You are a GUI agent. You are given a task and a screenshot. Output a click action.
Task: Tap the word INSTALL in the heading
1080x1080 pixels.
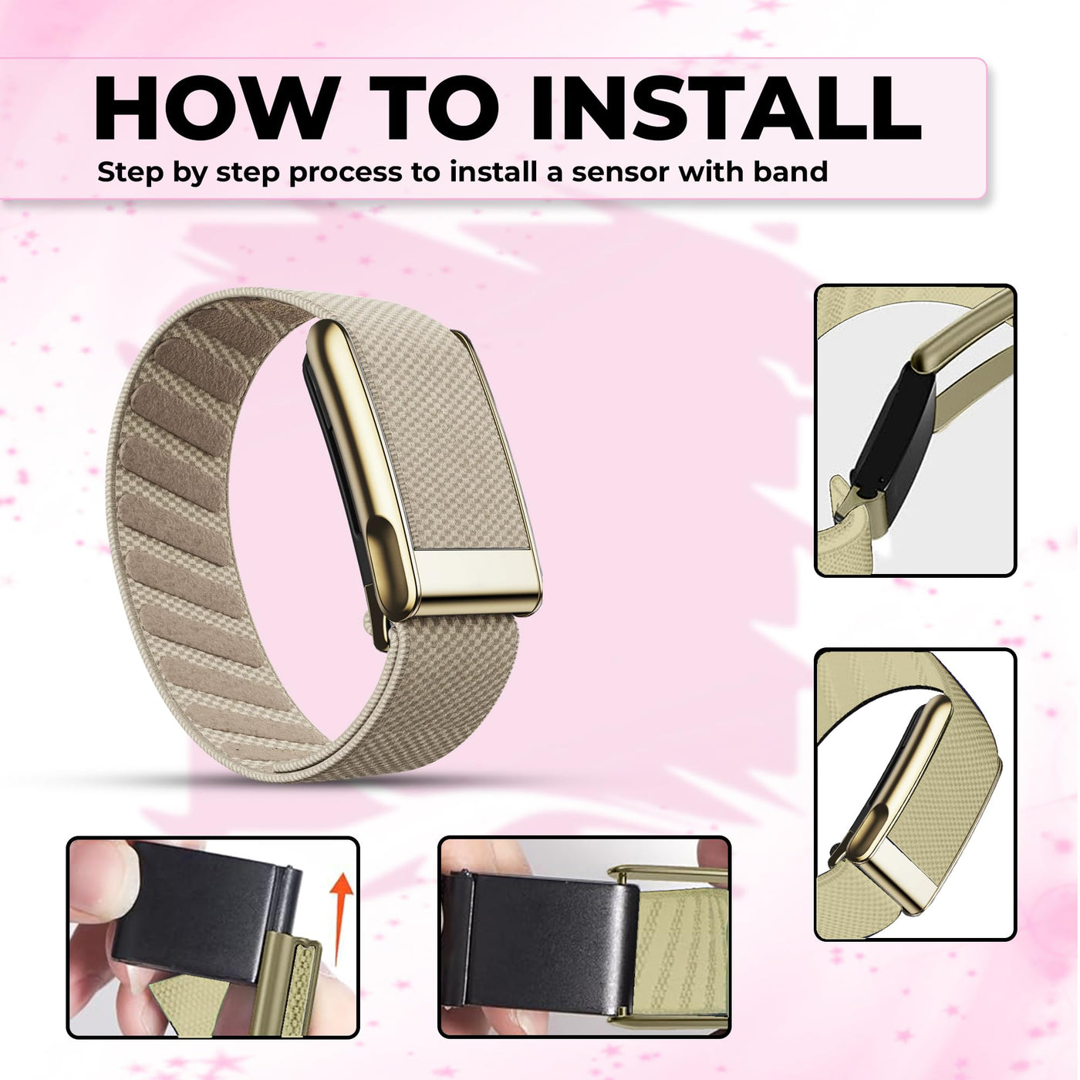coord(726,107)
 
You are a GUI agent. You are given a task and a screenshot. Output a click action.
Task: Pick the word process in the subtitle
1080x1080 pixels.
coord(346,174)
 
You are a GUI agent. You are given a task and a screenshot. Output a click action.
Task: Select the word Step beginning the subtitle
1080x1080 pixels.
coord(128,173)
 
